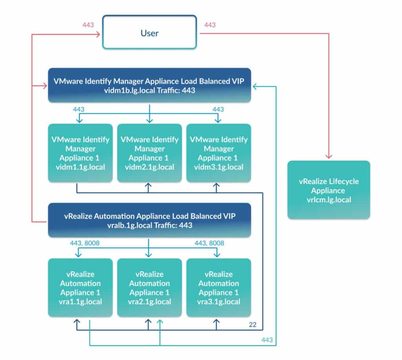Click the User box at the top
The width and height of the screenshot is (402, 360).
click(149, 33)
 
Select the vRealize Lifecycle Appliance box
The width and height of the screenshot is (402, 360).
click(329, 190)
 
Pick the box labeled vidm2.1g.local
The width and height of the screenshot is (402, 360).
click(149, 153)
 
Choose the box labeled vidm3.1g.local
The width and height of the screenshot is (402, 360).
click(218, 153)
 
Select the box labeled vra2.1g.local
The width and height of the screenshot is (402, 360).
click(149, 287)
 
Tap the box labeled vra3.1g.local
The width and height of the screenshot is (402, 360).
click(218, 287)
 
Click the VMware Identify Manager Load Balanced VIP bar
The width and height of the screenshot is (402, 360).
click(149, 85)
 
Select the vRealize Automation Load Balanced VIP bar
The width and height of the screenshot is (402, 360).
click(149, 220)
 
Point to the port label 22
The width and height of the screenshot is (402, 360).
click(253, 324)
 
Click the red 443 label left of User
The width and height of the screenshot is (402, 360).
click(88, 25)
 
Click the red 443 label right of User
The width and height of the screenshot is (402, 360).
click(210, 25)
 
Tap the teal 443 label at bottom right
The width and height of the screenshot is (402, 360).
click(267, 340)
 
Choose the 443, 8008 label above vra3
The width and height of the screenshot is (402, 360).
click(209, 244)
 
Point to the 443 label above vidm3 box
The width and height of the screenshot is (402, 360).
click(218, 109)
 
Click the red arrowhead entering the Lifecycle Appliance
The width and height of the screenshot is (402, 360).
click(329, 157)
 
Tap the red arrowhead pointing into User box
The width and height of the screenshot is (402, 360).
click(98, 35)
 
